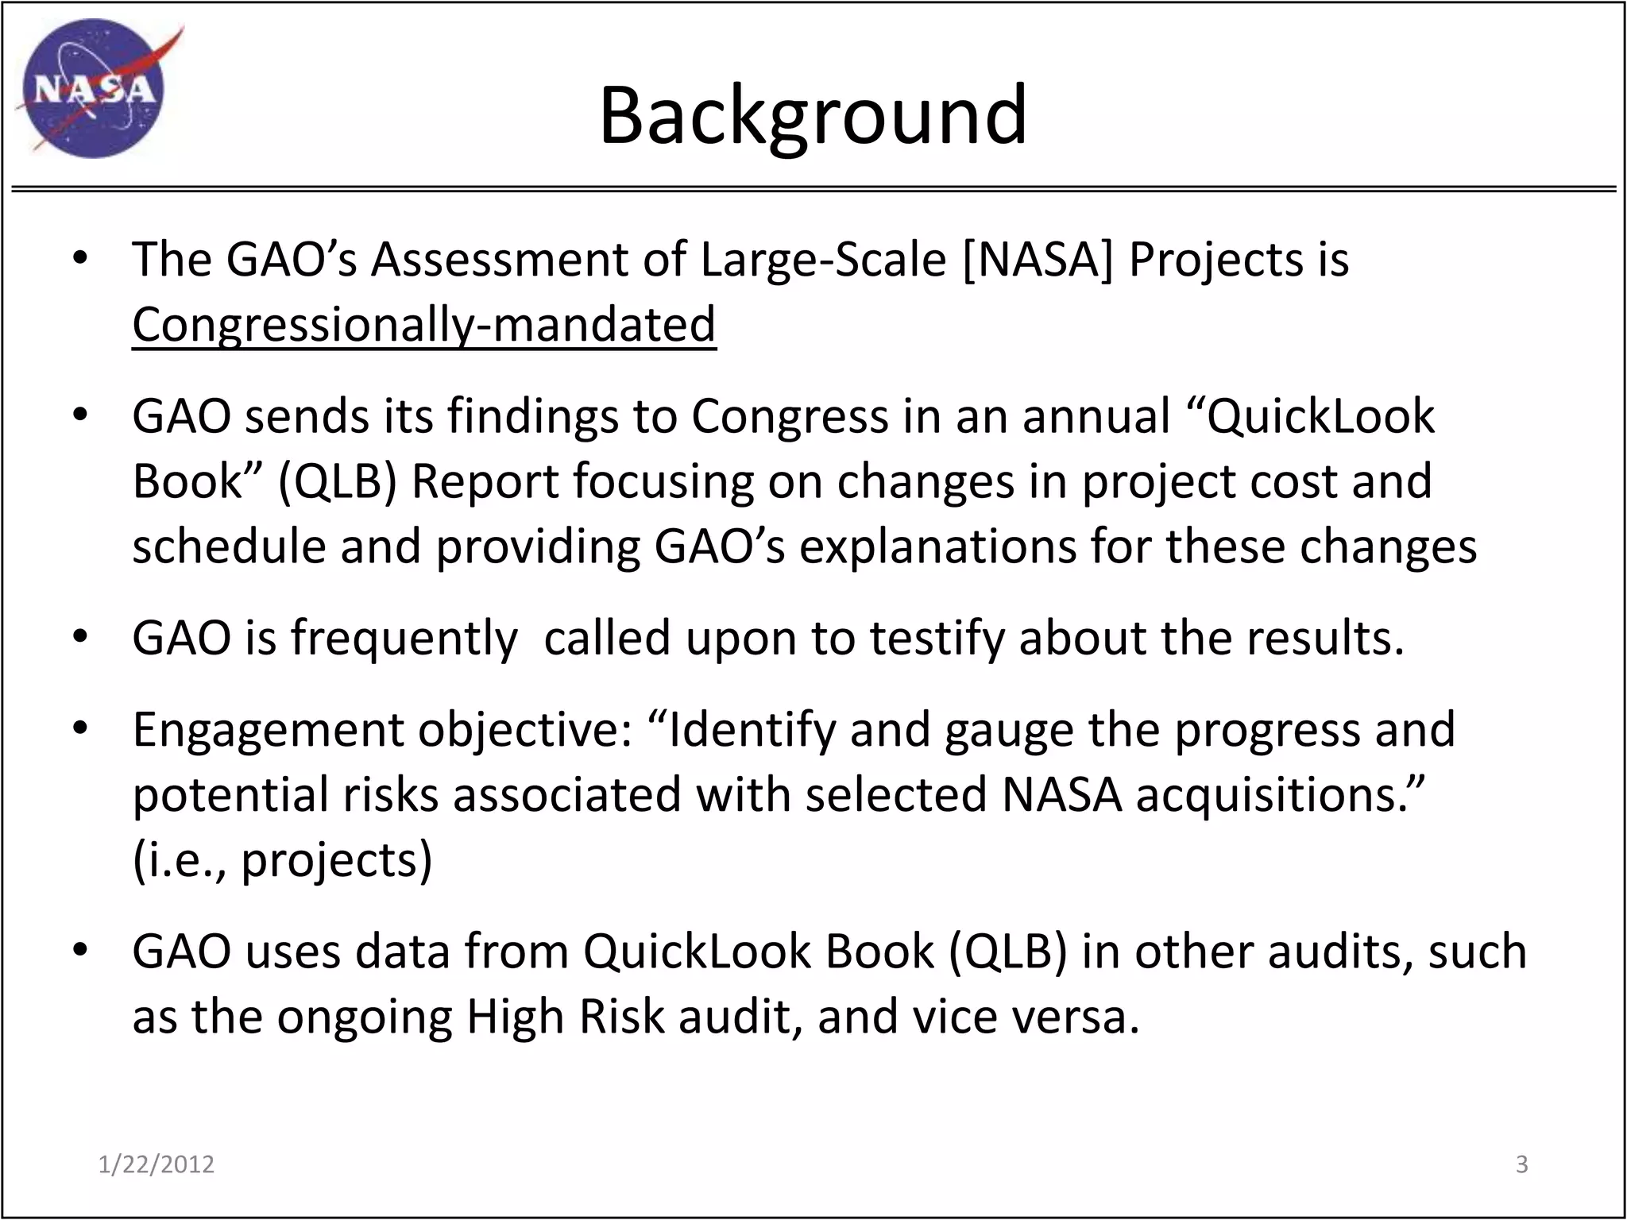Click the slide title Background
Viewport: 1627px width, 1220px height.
pyautogui.click(x=813, y=116)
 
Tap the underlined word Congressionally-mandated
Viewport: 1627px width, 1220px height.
pyautogui.click(x=423, y=325)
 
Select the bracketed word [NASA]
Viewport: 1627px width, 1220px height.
pyautogui.click(x=1037, y=260)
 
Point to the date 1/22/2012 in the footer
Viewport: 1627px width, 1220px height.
pyautogui.click(x=157, y=1164)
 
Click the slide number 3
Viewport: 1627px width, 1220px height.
pyautogui.click(x=1521, y=1164)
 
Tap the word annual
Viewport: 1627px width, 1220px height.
pyautogui.click(x=1096, y=416)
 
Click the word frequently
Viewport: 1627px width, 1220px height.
pyautogui.click(x=404, y=638)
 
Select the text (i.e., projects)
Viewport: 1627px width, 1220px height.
pyautogui.click(x=282, y=860)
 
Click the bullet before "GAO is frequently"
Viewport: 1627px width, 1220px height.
pyautogui.click(x=79, y=638)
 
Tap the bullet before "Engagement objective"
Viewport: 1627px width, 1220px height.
pyautogui.click(x=79, y=730)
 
